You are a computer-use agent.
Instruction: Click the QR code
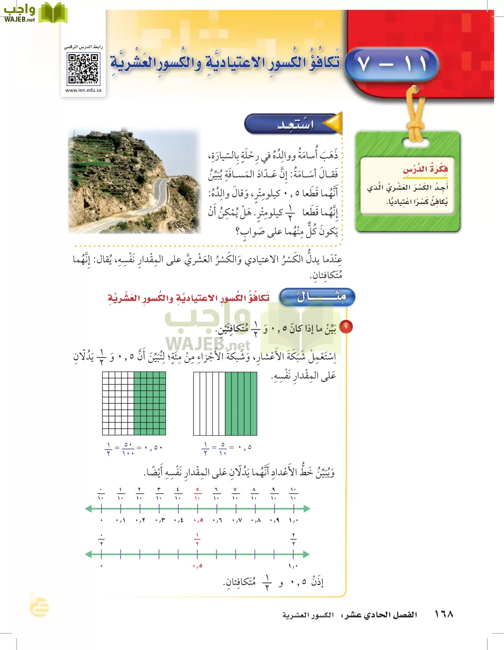83,69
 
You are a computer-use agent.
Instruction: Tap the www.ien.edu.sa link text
83,90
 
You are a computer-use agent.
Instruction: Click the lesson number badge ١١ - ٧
392,64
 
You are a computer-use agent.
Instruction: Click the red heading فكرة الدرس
425,169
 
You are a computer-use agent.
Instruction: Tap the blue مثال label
318,297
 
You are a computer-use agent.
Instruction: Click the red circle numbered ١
346,327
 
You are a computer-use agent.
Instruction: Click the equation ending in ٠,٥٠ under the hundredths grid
134,448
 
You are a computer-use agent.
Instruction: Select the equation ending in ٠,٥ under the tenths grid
226,448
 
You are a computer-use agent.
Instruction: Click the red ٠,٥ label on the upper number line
198,520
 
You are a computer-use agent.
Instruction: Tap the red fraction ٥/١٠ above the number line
197,494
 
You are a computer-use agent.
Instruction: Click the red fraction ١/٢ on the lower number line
197,539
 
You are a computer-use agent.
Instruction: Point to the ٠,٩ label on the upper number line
274,520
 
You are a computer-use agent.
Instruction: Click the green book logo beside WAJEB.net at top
53,13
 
